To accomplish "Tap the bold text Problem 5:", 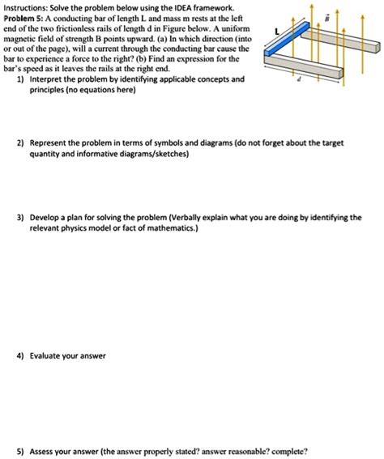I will [x=27, y=17].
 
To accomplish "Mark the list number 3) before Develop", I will [x=19, y=219].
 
